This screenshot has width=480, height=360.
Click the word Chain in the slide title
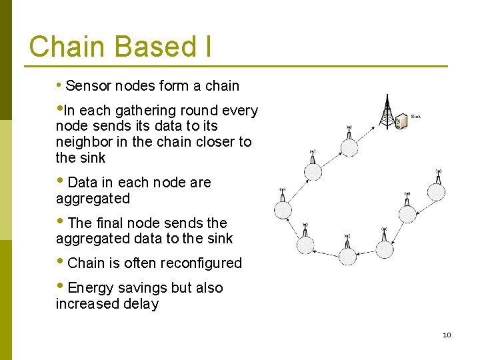(67, 47)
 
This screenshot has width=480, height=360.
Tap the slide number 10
(447, 335)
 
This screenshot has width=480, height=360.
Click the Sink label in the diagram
(415, 117)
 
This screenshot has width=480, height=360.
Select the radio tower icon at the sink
(387, 111)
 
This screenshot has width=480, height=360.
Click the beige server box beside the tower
(401, 122)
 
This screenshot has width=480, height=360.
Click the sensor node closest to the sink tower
(349, 147)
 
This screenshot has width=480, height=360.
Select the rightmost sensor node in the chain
(436, 191)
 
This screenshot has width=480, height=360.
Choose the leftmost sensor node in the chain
(283, 209)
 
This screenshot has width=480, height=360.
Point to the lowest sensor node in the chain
(347, 255)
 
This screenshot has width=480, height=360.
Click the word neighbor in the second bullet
(83, 142)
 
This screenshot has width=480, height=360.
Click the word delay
(140, 304)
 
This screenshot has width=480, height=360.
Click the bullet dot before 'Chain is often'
(61, 262)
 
